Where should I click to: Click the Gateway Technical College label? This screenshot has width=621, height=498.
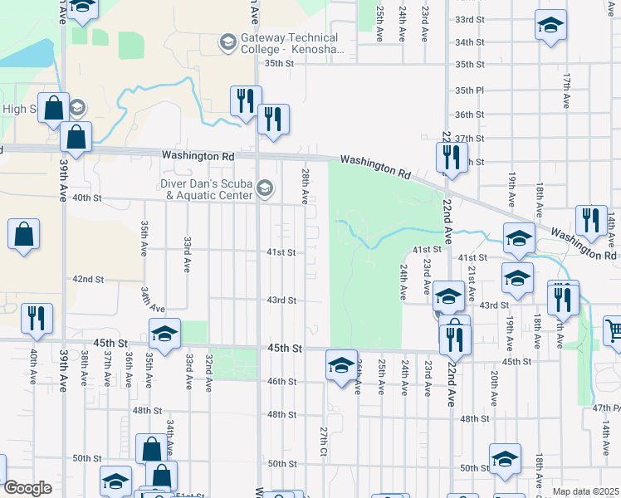(289, 43)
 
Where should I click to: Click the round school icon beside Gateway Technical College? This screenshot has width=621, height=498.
(227, 41)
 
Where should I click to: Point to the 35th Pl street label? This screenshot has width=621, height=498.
(469, 90)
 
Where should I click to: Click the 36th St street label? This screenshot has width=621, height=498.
(469, 115)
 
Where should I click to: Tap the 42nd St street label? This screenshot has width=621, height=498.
(87, 280)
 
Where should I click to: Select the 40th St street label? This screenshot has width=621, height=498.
(86, 198)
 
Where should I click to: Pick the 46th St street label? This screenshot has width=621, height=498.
(281, 381)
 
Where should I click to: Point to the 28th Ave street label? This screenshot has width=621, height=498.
(306, 186)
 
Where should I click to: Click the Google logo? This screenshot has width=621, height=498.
(27, 488)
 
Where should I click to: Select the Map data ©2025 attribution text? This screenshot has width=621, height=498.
(585, 491)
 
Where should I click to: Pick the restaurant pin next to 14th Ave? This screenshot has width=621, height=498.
(591, 220)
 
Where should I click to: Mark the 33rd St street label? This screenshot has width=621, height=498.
(469, 19)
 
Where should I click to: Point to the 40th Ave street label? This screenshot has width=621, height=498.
(34, 369)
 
